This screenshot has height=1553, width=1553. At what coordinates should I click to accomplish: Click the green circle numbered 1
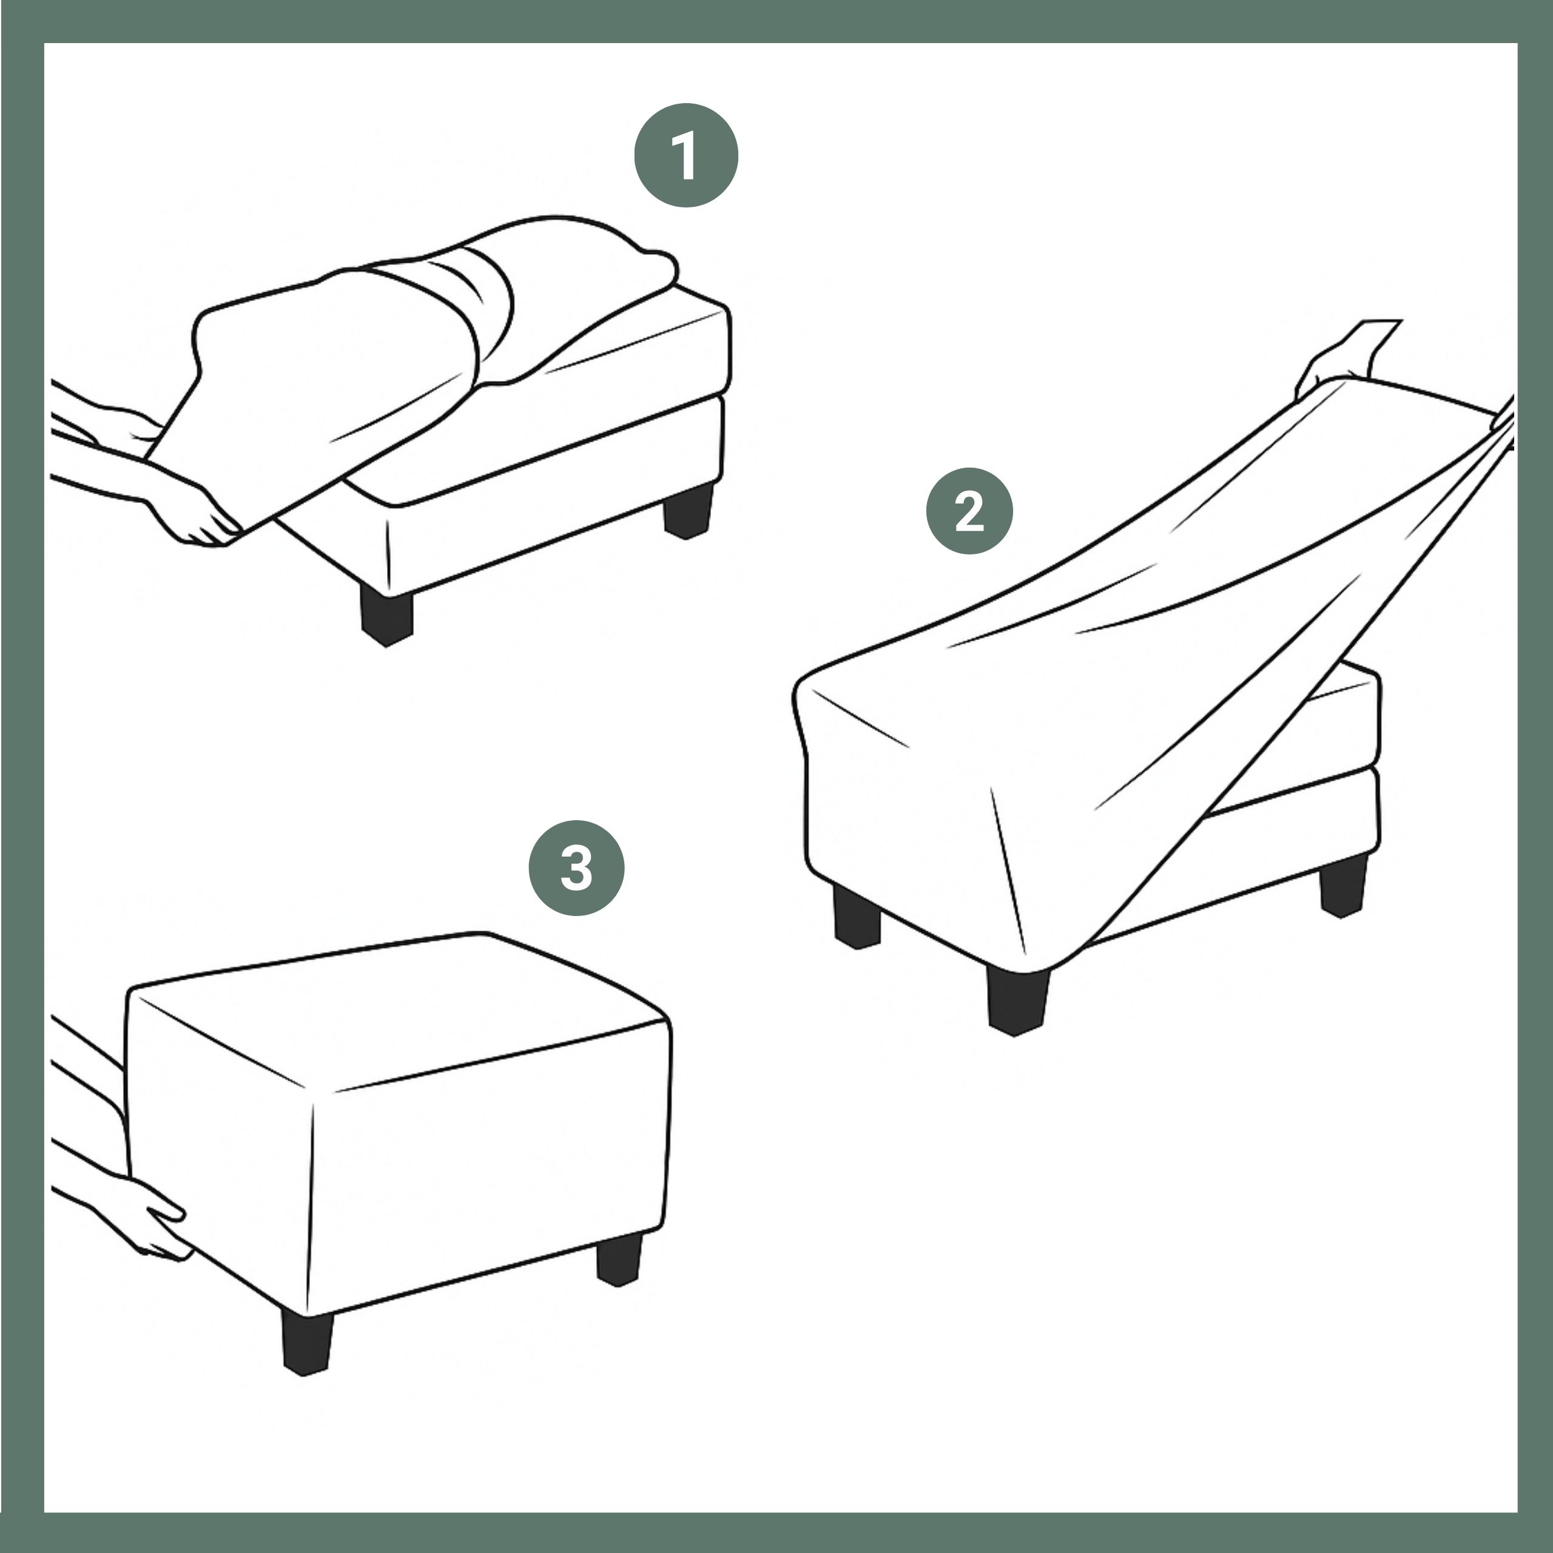pyautogui.click(x=686, y=155)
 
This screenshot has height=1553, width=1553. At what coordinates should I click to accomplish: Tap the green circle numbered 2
pyautogui.click(x=969, y=511)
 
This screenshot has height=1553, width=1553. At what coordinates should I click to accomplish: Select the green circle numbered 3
pyautogui.click(x=576, y=868)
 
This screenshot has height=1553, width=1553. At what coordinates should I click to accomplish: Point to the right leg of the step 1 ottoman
pyautogui.click(x=688, y=510)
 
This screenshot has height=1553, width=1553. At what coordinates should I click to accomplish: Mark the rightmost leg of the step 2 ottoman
pyautogui.click(x=1343, y=885)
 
